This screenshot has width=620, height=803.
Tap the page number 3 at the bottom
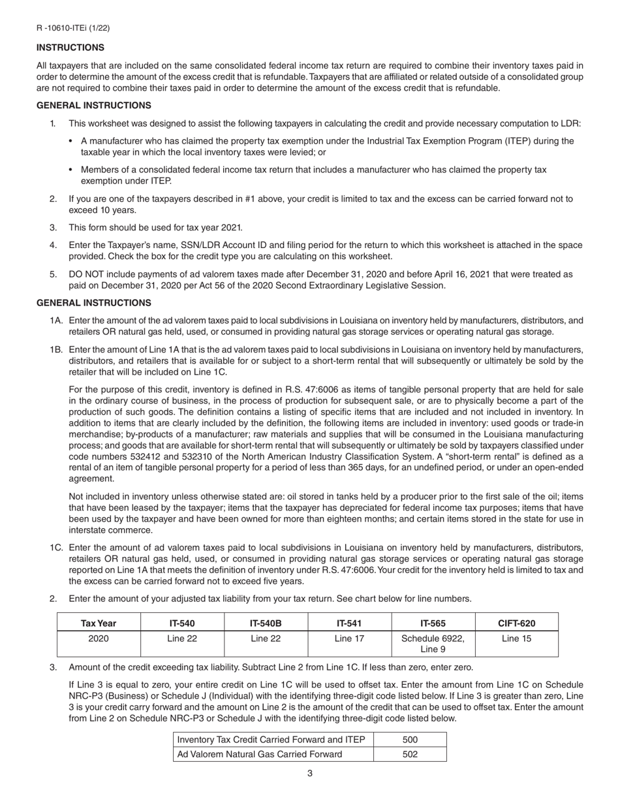[x=310, y=774]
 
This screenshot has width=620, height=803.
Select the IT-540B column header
[x=266, y=623]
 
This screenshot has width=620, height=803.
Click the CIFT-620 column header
[x=517, y=623]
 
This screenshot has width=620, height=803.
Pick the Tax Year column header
[x=99, y=623]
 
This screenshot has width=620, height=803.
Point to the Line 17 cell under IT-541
[x=349, y=638]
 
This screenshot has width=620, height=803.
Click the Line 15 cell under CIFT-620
[x=517, y=638]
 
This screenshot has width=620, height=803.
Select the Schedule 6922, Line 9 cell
[x=433, y=643]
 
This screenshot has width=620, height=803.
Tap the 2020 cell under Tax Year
[x=99, y=638]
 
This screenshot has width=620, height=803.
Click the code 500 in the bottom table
[x=410, y=740]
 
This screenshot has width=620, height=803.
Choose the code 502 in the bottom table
[x=410, y=754]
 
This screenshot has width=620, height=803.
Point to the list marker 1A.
[x=56, y=321]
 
